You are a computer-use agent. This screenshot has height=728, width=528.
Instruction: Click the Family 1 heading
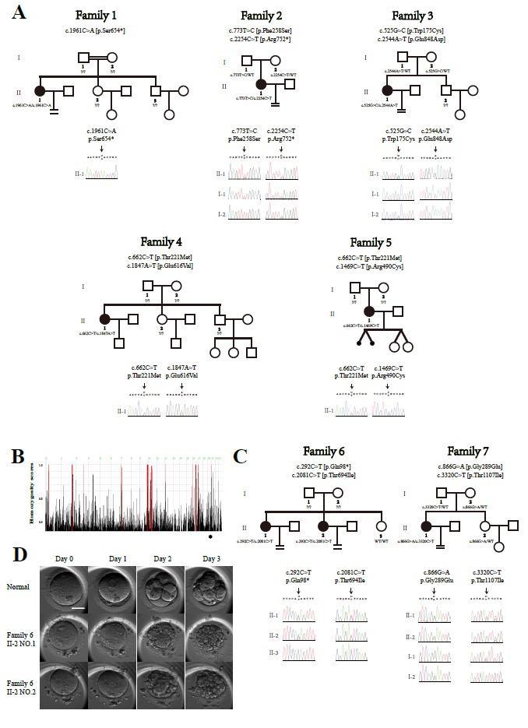(97, 16)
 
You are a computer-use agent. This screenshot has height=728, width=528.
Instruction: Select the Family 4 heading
(162, 241)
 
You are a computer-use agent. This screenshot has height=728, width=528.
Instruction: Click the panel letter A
(18, 12)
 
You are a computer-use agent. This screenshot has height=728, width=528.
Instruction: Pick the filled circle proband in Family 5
(369, 311)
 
